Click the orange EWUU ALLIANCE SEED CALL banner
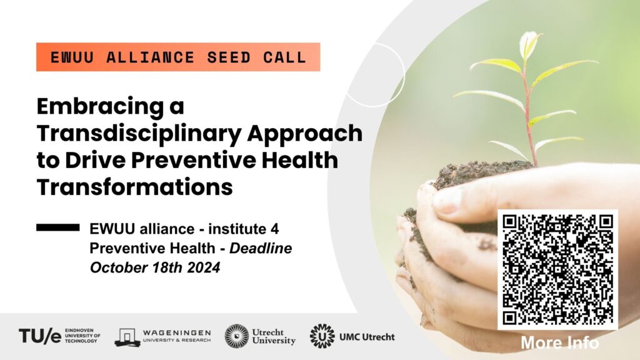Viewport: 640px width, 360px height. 178,57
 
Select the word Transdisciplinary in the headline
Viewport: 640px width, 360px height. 138,134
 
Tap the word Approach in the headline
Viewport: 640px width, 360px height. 305,134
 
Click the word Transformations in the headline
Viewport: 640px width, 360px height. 135,187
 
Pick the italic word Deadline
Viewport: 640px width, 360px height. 261,248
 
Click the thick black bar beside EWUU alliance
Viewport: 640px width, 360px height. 58,227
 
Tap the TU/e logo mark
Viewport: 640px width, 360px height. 40,336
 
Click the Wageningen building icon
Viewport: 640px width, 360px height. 127,337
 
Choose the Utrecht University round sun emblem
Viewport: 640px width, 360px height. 237,336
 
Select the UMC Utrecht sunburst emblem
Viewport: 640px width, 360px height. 322,336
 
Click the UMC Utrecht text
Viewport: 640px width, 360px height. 367,337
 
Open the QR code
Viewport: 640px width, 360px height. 557,270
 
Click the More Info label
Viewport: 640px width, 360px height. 559,343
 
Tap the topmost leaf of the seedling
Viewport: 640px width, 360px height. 529,44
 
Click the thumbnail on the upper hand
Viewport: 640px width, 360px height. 447,201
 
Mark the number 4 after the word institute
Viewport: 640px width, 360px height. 275,229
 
